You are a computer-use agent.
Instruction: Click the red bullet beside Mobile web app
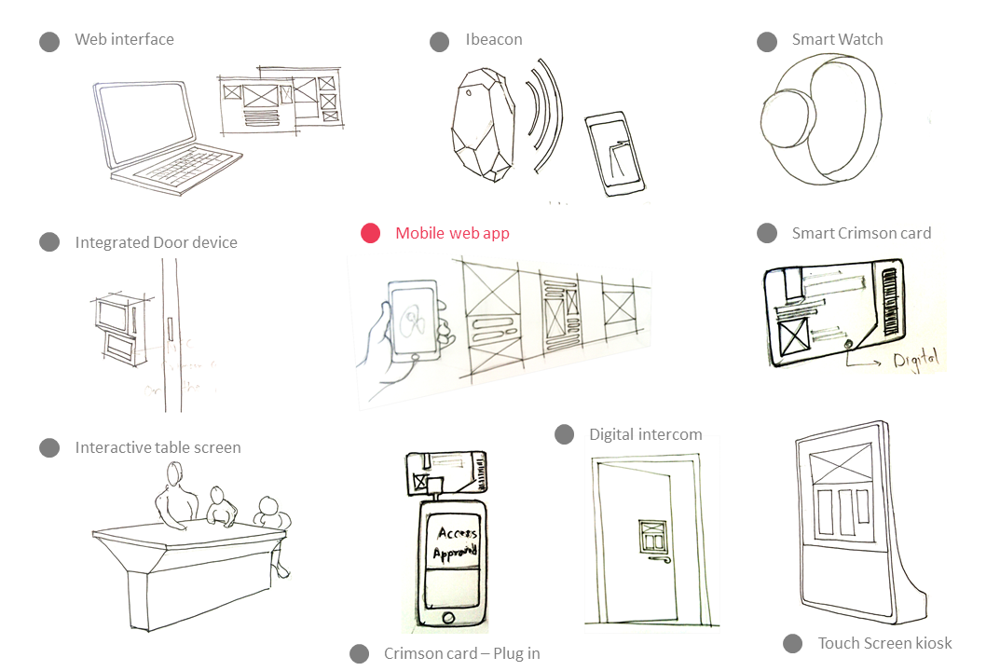tap(371, 233)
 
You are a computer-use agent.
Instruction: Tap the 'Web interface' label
tap(124, 39)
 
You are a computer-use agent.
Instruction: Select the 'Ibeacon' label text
tap(493, 39)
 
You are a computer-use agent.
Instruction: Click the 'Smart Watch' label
tap(837, 39)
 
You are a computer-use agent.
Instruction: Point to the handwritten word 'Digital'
tap(916, 358)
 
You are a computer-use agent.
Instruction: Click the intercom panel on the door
tap(651, 537)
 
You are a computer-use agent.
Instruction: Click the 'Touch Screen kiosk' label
tap(884, 643)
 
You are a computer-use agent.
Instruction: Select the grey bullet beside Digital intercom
tap(564, 434)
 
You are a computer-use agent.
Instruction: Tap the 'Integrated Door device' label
tap(156, 242)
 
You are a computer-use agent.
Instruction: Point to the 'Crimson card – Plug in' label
tap(461, 653)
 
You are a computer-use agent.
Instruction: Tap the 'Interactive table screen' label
tap(158, 447)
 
